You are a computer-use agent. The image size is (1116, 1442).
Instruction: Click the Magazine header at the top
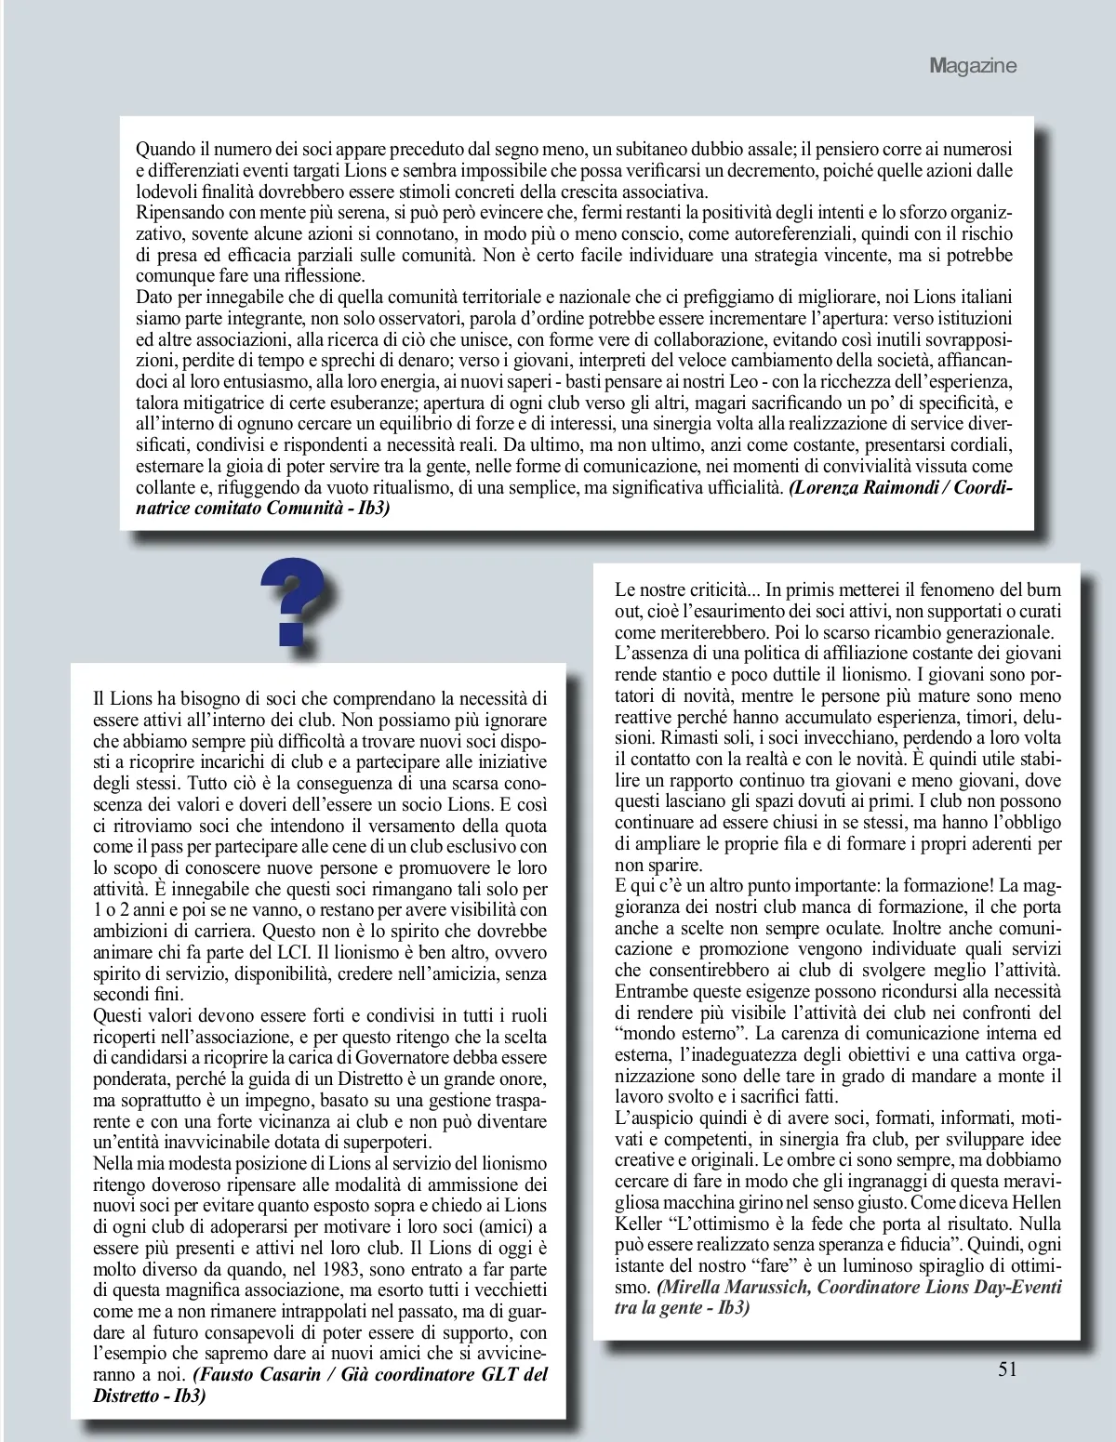click(972, 66)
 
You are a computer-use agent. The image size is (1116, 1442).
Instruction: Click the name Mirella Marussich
click(738, 1288)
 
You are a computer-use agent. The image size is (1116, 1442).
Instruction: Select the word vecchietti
click(508, 1290)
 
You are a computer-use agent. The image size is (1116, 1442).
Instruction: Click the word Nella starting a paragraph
click(115, 1163)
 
